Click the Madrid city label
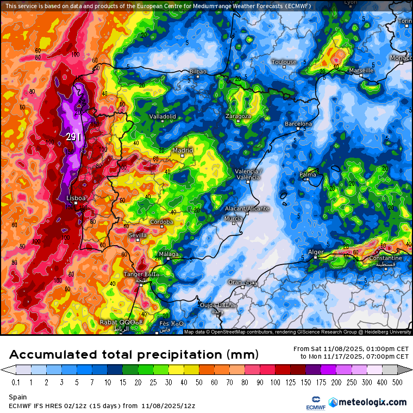coord(183,151)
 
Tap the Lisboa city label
coord(76,198)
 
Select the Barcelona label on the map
coord(298,124)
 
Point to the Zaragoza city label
coord(239,116)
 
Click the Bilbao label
coord(198,72)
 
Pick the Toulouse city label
coord(284,62)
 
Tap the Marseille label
coord(361,71)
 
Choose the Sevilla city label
coord(137,235)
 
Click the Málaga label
coord(168,254)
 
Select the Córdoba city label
coord(162,222)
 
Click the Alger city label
coord(316,252)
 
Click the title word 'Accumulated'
coord(54,355)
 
